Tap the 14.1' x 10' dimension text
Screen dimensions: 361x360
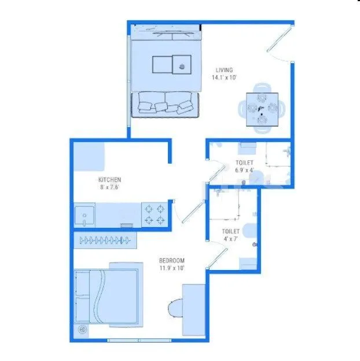click(224, 76)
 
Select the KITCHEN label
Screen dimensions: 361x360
click(109, 180)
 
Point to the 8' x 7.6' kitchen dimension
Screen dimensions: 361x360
click(109, 187)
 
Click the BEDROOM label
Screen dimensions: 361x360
click(171, 261)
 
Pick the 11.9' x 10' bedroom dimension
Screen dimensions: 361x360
click(171, 268)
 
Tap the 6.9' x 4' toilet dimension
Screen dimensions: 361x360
click(244, 170)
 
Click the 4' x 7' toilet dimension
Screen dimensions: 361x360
click(231, 238)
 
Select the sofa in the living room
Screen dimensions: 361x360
click(166, 104)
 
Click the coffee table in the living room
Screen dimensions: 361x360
click(172, 64)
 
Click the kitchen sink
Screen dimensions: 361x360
click(85, 215)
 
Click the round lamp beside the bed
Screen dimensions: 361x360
click(83, 330)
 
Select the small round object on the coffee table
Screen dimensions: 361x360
click(182, 66)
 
